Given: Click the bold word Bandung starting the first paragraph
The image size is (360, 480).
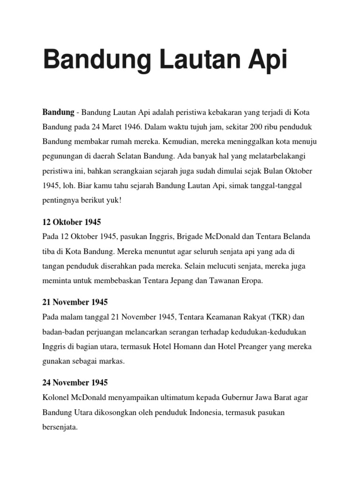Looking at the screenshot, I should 59,112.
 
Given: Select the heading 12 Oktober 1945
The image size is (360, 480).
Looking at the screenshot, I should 72,222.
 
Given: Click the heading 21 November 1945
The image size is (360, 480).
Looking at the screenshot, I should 75,302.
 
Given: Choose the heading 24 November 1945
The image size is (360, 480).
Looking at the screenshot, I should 75,382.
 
